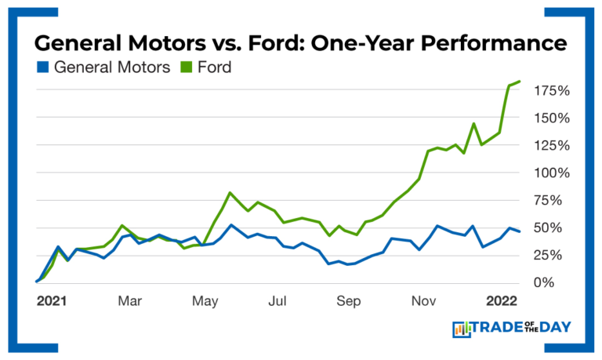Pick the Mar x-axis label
[129, 301]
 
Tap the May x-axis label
[205, 301]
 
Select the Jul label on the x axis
[277, 301]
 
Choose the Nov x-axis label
[424, 301]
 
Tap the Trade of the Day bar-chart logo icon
[461, 329]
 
